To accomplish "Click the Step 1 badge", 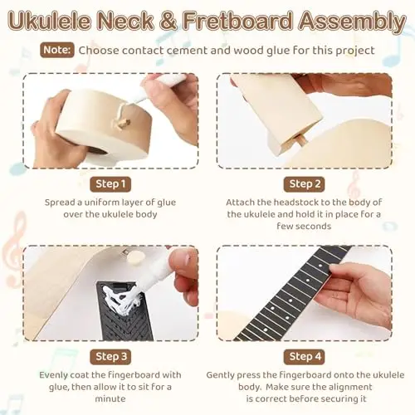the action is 110,184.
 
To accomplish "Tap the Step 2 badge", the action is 304,184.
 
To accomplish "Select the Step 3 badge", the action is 110,357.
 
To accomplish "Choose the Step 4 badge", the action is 304,357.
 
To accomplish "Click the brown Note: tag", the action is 57,50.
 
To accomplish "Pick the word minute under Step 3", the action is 110,398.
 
